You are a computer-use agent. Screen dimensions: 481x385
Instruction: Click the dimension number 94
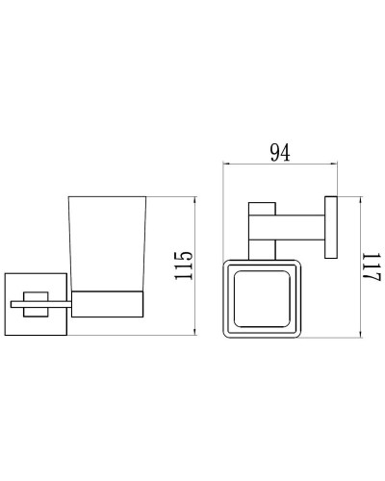pyautogui.click(x=280, y=153)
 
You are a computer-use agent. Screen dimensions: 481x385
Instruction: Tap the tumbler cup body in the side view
pyautogui.click(x=107, y=240)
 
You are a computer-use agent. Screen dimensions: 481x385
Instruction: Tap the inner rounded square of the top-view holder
pyautogui.click(x=261, y=296)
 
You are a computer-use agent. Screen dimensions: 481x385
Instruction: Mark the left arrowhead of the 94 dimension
pyautogui.click(x=227, y=166)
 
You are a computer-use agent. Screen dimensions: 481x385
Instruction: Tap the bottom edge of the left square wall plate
pyautogui.click(x=36, y=338)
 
